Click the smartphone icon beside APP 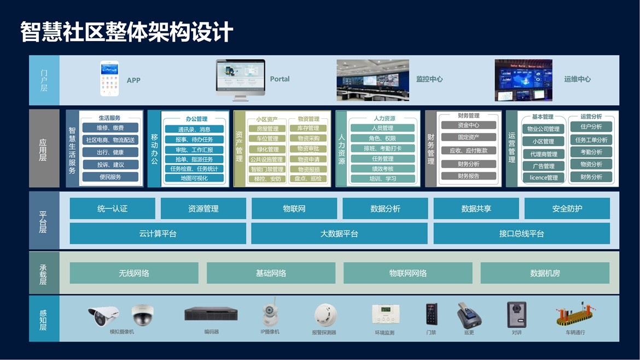(x=109, y=79)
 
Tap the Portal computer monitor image (x=240, y=79)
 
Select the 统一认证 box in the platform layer (x=112, y=208)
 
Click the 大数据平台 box (x=339, y=234)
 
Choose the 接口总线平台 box (x=521, y=234)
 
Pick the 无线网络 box (x=134, y=273)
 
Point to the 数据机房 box (x=545, y=273)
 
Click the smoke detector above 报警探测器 (x=325, y=315)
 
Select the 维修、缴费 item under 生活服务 (x=110, y=128)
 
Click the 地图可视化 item (x=194, y=178)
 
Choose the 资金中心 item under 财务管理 (x=468, y=125)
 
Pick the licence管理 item (x=544, y=178)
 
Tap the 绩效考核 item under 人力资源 (x=382, y=169)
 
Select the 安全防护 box (x=567, y=208)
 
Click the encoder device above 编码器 (x=211, y=314)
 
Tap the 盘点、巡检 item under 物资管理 (x=309, y=178)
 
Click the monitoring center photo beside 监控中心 (x=373, y=80)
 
